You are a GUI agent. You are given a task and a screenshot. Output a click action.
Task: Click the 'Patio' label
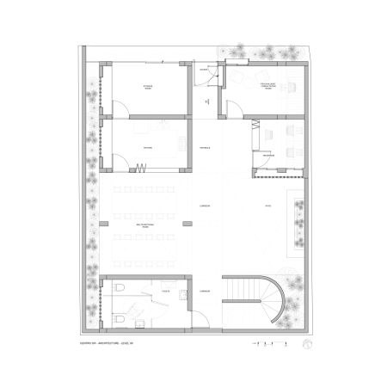(x=268, y=206)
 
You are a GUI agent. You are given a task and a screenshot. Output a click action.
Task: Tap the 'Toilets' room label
(x=163, y=292)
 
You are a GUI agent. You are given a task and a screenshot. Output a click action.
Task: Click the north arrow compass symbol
(x=307, y=345)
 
